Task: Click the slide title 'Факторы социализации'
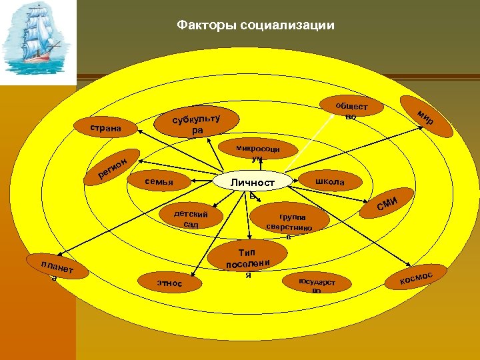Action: point(255,26)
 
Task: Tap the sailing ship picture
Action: point(37,43)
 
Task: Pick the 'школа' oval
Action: point(329,182)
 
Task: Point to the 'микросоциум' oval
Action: point(257,151)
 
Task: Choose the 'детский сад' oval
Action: point(191,219)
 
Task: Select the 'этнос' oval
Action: point(169,283)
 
